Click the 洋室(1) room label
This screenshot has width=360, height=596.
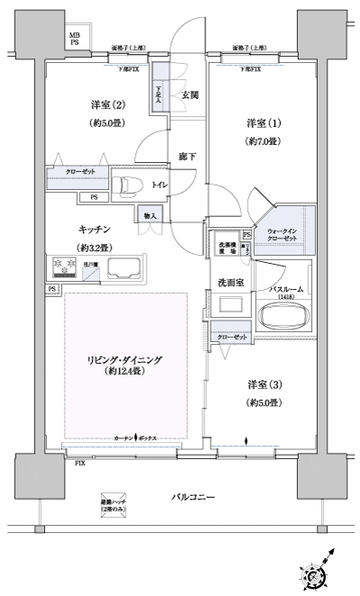264,122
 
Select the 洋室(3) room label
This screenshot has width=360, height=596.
264,384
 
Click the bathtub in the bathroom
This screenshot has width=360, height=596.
284,316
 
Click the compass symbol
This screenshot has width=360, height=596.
317,573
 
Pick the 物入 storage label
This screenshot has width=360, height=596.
149,215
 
